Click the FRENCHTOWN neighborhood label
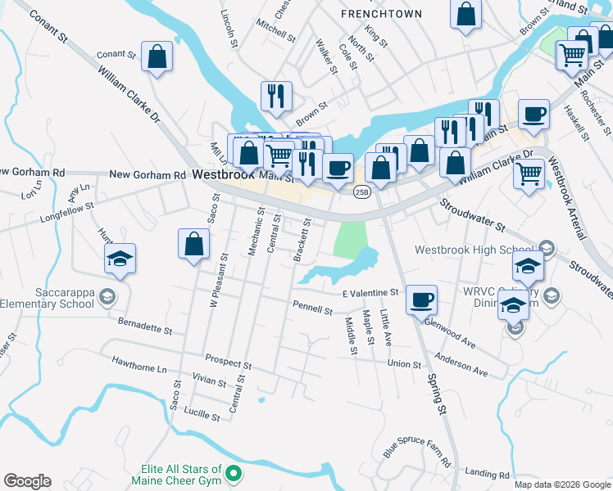coord(381,14)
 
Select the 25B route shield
coord(362,191)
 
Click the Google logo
coord(27,481)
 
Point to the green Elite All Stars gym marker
coord(234,474)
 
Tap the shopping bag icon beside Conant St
coord(157,57)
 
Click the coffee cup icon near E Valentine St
coord(421,300)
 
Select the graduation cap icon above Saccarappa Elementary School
coord(120,260)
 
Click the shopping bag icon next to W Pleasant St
coord(193,244)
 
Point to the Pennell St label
coord(312,309)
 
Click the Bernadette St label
coord(144,327)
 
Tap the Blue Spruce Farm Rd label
coord(417,449)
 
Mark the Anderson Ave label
coord(461,364)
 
